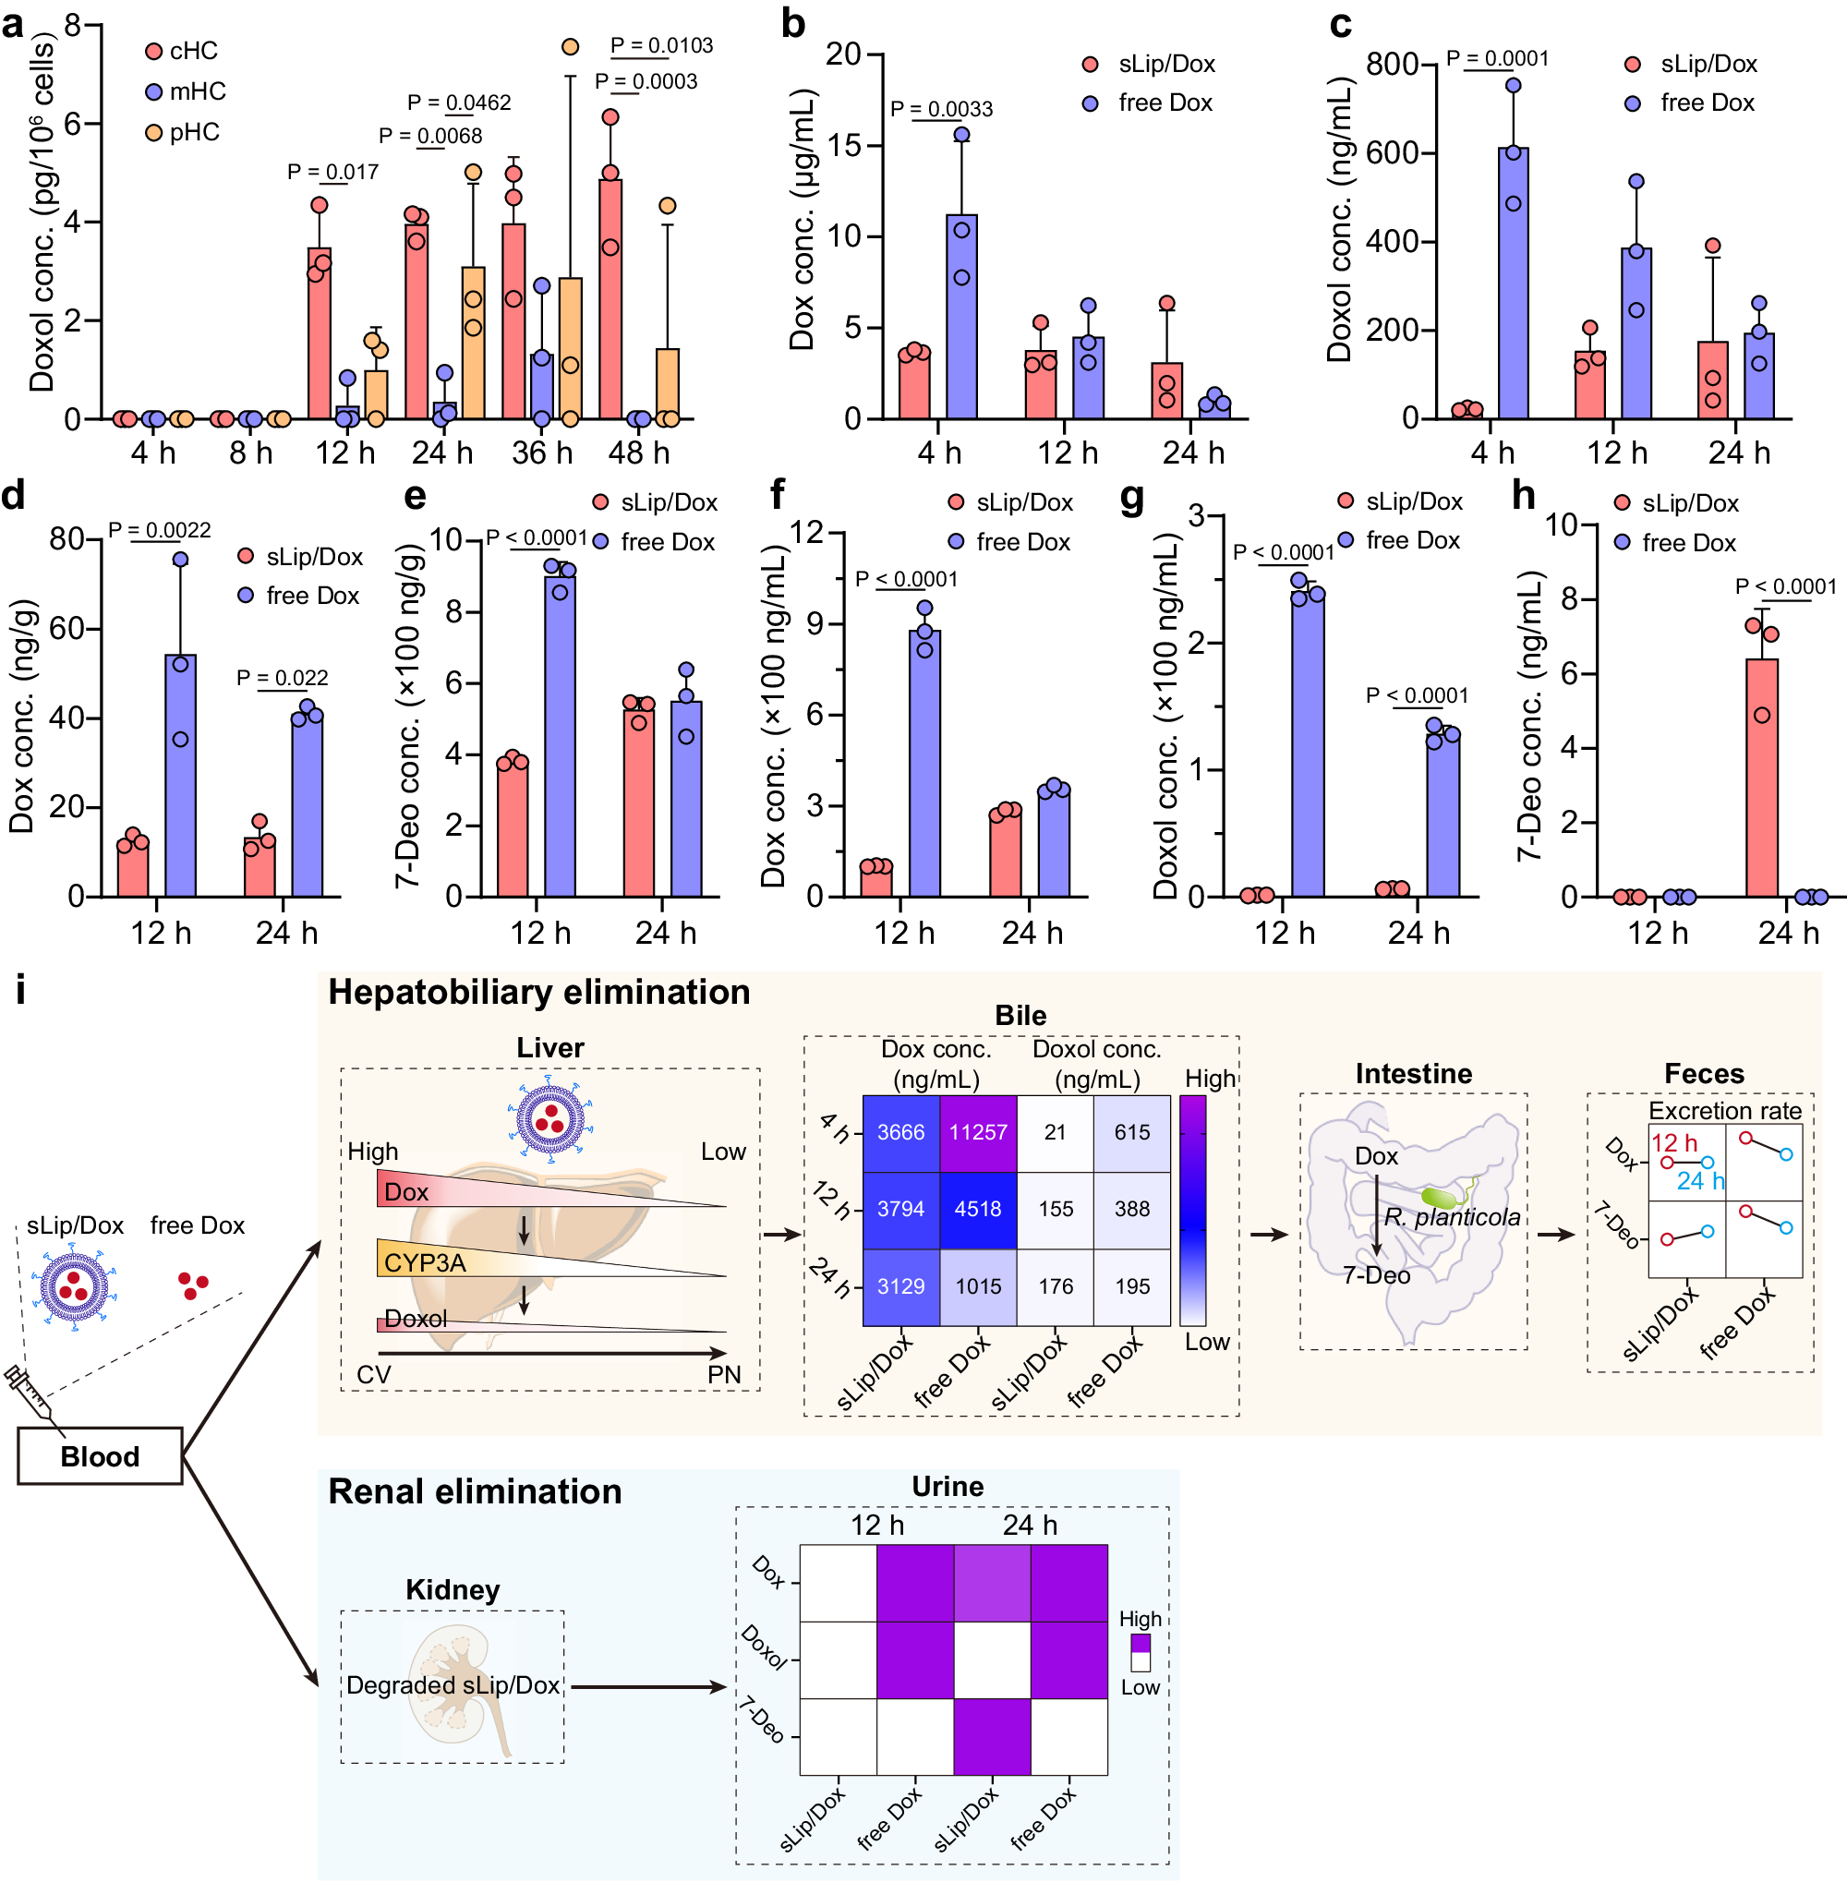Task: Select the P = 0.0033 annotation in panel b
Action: pyautogui.click(x=941, y=109)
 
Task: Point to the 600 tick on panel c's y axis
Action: pyautogui.click(x=1392, y=152)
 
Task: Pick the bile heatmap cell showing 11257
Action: pyautogui.click(x=978, y=1132)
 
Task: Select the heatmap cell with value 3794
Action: pyautogui.click(x=900, y=1209)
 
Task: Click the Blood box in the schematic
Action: pyautogui.click(x=100, y=1455)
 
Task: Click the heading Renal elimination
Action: pyautogui.click(x=475, y=1491)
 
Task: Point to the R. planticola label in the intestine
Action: pyautogui.click(x=1451, y=1216)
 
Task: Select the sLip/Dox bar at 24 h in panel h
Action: pyautogui.click(x=1762, y=776)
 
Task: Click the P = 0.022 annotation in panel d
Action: pyautogui.click(x=283, y=677)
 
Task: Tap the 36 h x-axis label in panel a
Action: pyautogui.click(x=542, y=452)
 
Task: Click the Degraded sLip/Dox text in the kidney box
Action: pyautogui.click(x=453, y=1685)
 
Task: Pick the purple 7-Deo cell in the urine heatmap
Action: pyautogui.click(x=992, y=1735)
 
